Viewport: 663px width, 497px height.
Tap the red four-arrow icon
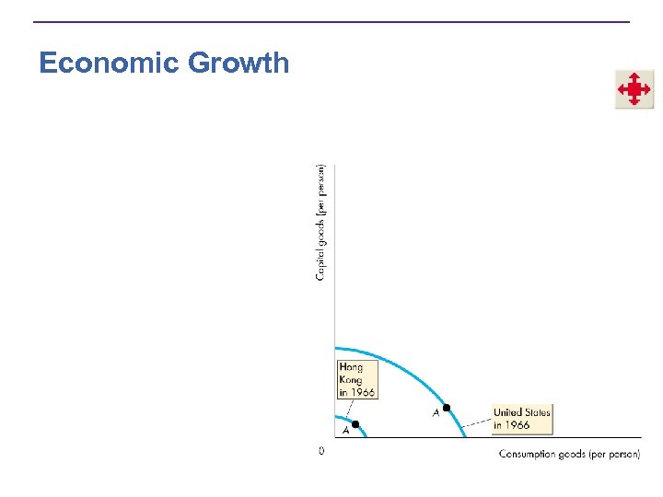click(x=634, y=89)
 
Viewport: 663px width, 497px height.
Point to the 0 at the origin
click(x=321, y=451)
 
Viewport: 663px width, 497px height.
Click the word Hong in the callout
click(x=351, y=368)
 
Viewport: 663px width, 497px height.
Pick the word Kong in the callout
click(x=351, y=379)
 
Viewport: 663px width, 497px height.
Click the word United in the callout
click(x=508, y=412)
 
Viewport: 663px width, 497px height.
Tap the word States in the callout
click(x=537, y=412)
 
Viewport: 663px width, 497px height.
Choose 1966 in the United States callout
click(x=517, y=425)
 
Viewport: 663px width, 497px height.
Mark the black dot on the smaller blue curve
click(x=355, y=423)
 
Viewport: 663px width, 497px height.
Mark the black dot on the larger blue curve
click(x=447, y=408)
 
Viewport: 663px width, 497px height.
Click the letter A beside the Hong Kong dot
click(x=345, y=430)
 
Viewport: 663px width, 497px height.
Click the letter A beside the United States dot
click(x=436, y=413)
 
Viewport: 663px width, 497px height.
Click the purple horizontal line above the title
click(x=331, y=22)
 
